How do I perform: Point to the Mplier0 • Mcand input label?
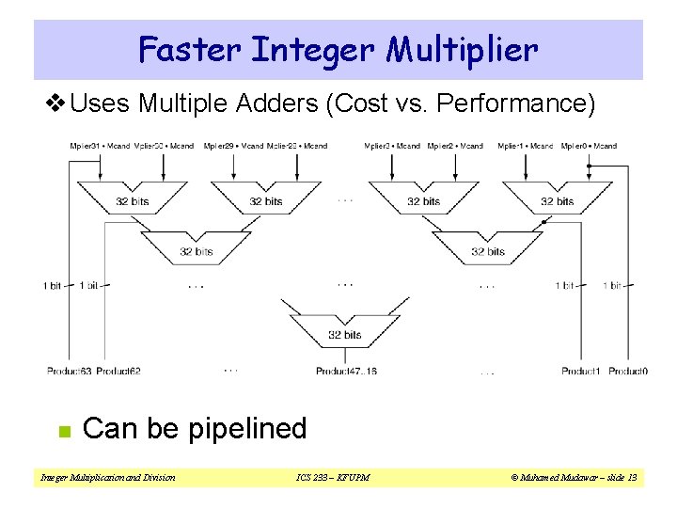coord(589,146)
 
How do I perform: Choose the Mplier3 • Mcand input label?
coord(392,146)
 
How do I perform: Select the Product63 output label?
coord(70,372)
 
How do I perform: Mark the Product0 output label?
coord(627,372)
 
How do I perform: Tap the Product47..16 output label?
coord(346,372)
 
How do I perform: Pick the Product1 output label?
coord(581,372)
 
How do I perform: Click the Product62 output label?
coord(118,372)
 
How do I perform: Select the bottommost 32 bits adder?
coord(344,333)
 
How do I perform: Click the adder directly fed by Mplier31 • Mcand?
coord(133,200)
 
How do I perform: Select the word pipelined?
coord(247,429)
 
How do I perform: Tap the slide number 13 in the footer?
coord(632,478)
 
